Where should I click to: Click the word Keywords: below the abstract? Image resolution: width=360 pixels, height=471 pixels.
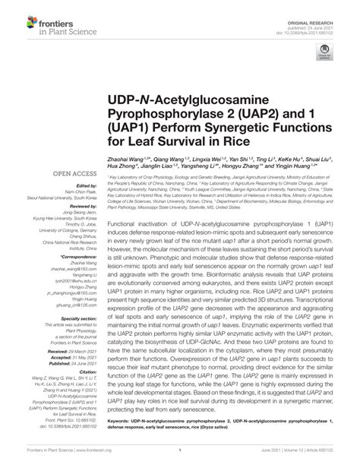pos(122,419)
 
